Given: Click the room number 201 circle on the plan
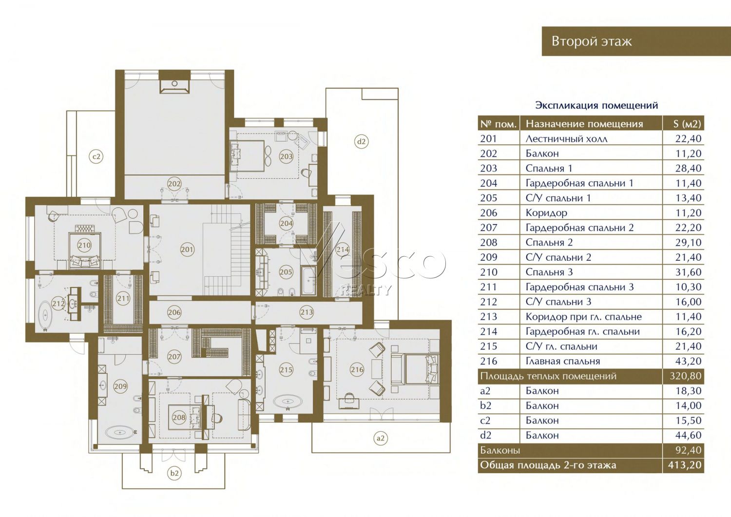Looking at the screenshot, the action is pos(187,249).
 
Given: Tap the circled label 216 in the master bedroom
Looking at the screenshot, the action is pos(357,369).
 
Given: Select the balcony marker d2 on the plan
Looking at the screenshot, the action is pos(361,142).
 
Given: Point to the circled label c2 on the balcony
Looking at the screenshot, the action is pos(96,157).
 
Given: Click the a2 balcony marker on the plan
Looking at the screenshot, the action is pos(381,438).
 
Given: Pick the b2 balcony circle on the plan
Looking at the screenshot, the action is pos(174,473).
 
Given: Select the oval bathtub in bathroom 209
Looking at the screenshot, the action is pos(120,433).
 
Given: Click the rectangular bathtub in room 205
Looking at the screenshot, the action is pos(308,280).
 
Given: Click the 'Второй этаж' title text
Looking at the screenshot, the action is pos(592,41).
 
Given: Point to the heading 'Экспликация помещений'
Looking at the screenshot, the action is pos(596,105).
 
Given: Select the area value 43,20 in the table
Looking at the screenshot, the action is pos(688,361).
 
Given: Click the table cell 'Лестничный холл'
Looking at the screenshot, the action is pos(566,139).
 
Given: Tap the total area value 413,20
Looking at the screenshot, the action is pos(685,465).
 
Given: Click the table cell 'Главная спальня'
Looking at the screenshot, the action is pos(563,361).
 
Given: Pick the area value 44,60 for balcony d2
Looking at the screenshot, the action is pos(688,435).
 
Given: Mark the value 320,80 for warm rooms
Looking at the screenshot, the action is pos(686,376).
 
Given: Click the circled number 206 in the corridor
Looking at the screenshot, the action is pos(174,312).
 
